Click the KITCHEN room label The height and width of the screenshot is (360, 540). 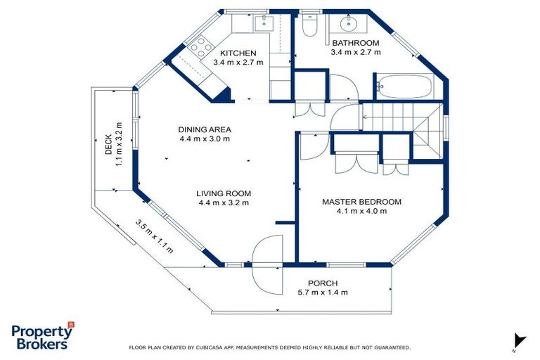[x=238, y=53]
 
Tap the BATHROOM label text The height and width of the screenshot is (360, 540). [x=356, y=43]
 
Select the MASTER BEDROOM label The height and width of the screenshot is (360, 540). [x=361, y=202]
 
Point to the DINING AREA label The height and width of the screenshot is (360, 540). [x=205, y=130]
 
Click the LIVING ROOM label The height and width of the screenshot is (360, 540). [x=224, y=193]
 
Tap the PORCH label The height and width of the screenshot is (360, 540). [x=323, y=283]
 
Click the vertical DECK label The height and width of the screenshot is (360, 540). [x=108, y=144]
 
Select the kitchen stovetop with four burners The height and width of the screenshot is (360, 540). [x=201, y=46]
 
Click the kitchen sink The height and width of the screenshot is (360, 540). [x=264, y=23]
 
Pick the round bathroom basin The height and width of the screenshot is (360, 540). [x=349, y=23]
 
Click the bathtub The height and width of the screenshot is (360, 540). [x=404, y=86]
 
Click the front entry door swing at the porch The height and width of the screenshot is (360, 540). [x=268, y=264]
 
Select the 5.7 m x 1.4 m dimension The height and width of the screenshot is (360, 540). [x=323, y=292]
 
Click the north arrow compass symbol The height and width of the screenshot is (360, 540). [x=520, y=341]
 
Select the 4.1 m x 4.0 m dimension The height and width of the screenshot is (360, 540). [x=361, y=211]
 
